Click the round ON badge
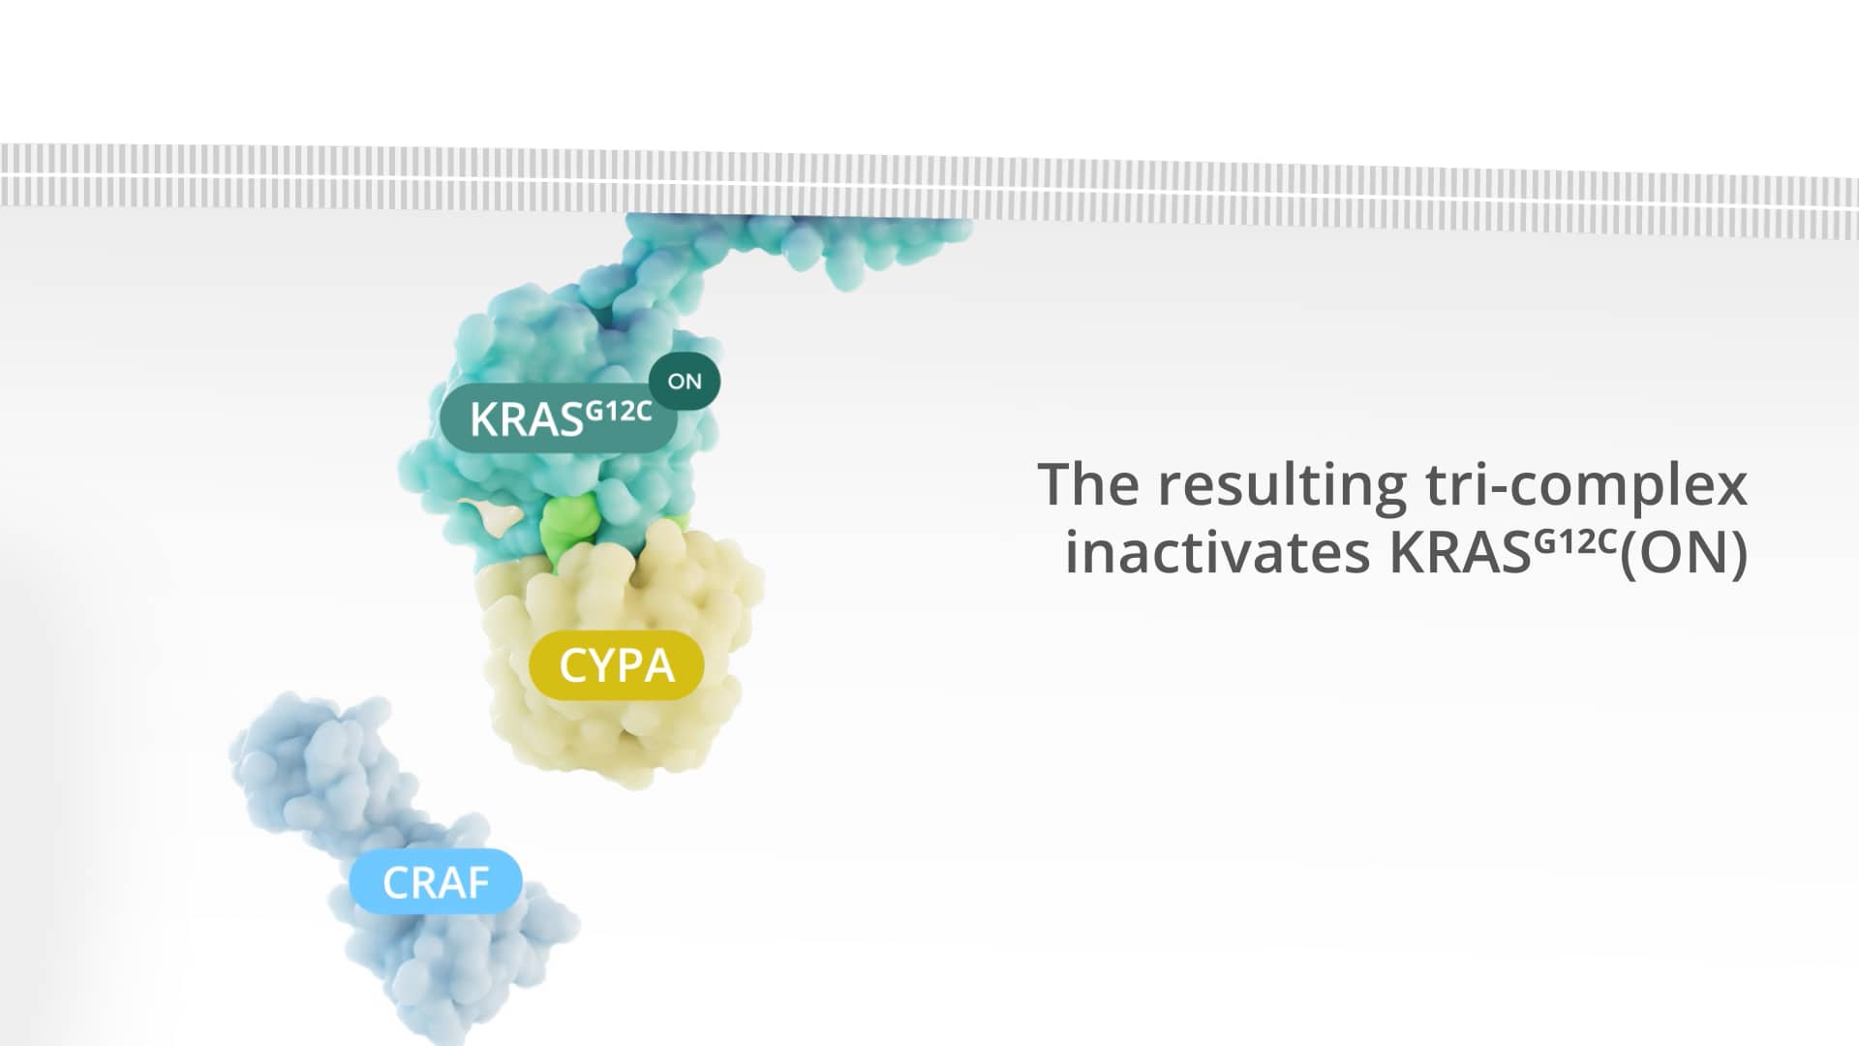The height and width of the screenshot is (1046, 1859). point(685,382)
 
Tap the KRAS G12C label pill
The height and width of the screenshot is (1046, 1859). point(559,418)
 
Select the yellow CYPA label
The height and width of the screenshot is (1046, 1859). point(617,666)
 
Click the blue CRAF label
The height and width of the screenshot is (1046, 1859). point(437,882)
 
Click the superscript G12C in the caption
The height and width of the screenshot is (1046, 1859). point(1577,540)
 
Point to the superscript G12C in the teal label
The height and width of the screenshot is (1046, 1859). point(619,411)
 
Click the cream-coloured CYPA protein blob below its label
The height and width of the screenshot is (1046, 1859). point(620,736)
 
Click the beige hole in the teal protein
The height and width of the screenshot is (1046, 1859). point(490,514)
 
